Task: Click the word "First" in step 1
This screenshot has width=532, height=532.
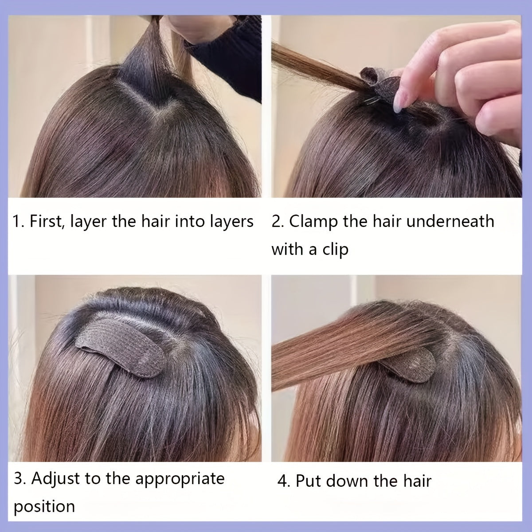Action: click(x=46, y=221)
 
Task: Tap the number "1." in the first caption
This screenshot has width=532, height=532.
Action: click(x=18, y=221)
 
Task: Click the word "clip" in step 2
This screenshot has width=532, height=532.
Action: click(x=335, y=249)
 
